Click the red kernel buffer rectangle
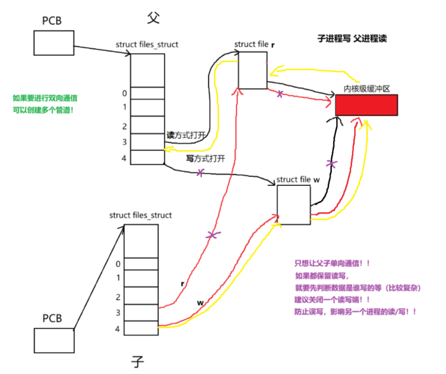(366, 105)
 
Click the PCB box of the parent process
(53, 43)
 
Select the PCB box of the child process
(54, 341)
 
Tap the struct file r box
(252, 70)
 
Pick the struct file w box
(293, 204)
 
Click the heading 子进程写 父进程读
(352, 39)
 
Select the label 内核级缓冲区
(367, 89)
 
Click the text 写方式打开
(205, 159)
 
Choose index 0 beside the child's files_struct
(118, 264)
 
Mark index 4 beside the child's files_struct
(118, 328)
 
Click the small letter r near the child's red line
(183, 284)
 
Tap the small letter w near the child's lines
(200, 303)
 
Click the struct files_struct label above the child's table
(141, 215)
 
